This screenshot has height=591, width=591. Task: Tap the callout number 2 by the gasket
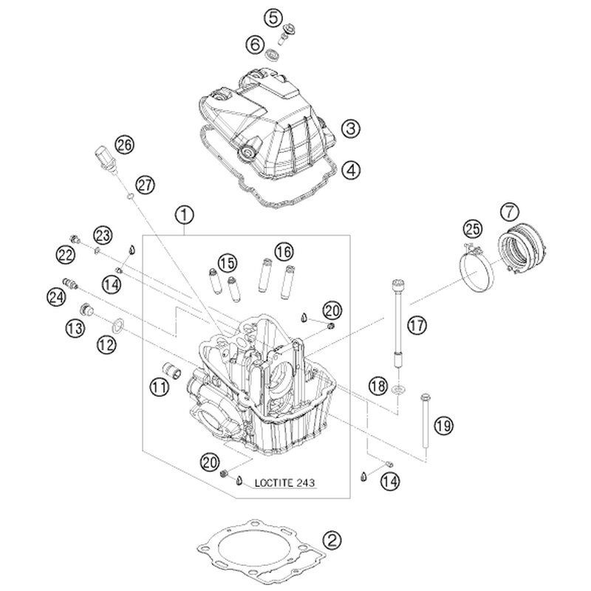pos(333,539)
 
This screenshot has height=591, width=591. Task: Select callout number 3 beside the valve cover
pos(351,129)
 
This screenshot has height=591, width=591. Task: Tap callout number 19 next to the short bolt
pos(443,426)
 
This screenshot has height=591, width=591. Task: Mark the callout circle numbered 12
pos(106,343)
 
